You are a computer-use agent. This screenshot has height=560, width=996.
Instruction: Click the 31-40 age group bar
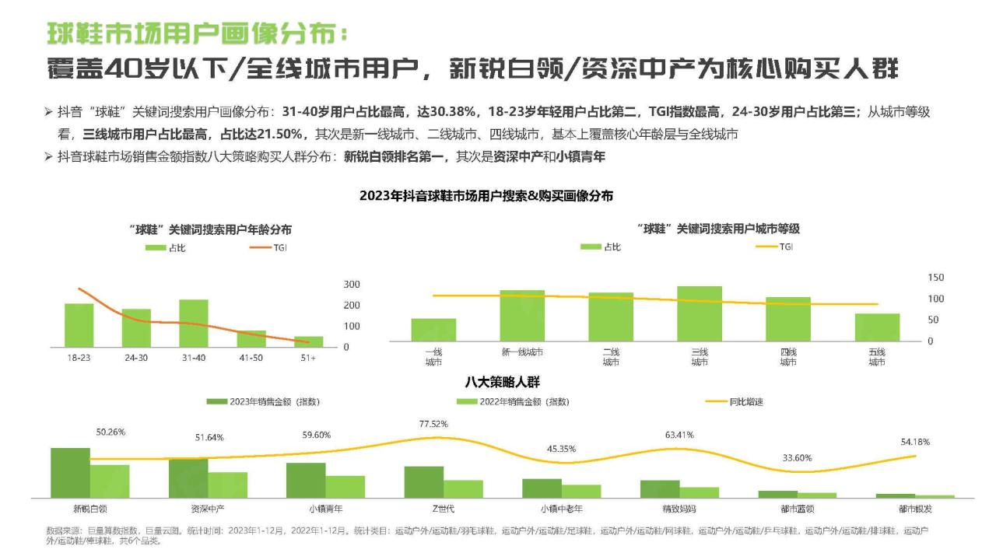tap(194, 323)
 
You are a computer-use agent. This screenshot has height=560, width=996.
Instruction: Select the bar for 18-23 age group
tap(79, 325)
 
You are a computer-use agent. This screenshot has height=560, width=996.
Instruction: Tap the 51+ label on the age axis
tap(308, 358)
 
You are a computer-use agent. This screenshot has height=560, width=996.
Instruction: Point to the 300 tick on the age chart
tap(352, 285)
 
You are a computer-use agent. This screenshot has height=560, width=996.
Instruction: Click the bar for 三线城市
tap(699, 313)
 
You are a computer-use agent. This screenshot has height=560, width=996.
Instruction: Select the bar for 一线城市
tap(433, 330)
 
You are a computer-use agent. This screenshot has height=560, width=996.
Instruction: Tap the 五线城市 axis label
tap(877, 357)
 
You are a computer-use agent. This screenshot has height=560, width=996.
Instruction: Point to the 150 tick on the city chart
tap(935, 278)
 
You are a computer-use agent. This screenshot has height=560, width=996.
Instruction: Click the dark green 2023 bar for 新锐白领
tap(70, 472)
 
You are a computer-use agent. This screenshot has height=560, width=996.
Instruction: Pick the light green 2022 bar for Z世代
tap(463, 488)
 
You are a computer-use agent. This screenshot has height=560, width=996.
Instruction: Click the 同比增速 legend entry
tap(735, 401)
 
